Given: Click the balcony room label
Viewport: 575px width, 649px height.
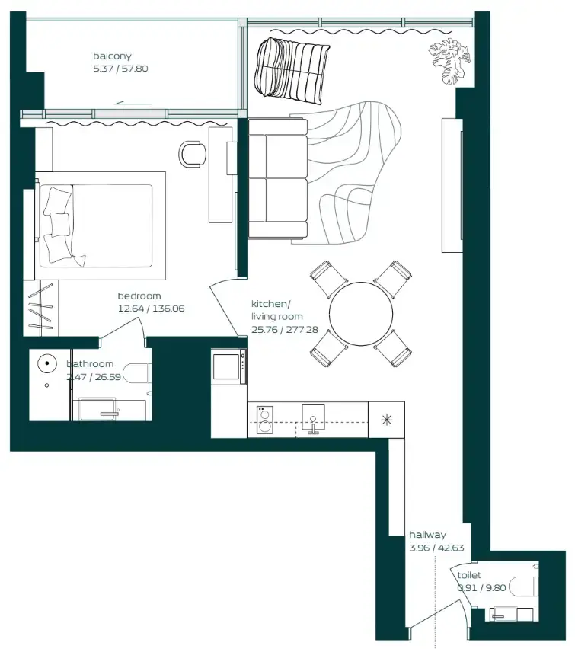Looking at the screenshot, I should click(112, 56).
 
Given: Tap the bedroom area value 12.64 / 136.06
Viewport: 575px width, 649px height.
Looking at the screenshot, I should click(151, 309).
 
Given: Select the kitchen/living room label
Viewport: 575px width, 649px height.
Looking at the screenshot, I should click(277, 310).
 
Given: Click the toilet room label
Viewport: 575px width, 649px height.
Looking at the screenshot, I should click(469, 576).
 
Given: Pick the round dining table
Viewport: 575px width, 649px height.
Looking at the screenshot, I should click(361, 314).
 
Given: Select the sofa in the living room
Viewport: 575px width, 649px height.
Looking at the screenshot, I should click(278, 178).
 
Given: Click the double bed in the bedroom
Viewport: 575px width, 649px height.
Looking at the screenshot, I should click(99, 225).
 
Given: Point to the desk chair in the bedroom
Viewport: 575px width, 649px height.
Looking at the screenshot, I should click(192, 153).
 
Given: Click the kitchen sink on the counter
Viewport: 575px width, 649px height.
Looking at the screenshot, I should click(313, 419).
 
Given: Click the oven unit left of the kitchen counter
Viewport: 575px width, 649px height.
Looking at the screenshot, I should click(229, 367).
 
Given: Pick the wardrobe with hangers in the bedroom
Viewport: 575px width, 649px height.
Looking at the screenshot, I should click(41, 308).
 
